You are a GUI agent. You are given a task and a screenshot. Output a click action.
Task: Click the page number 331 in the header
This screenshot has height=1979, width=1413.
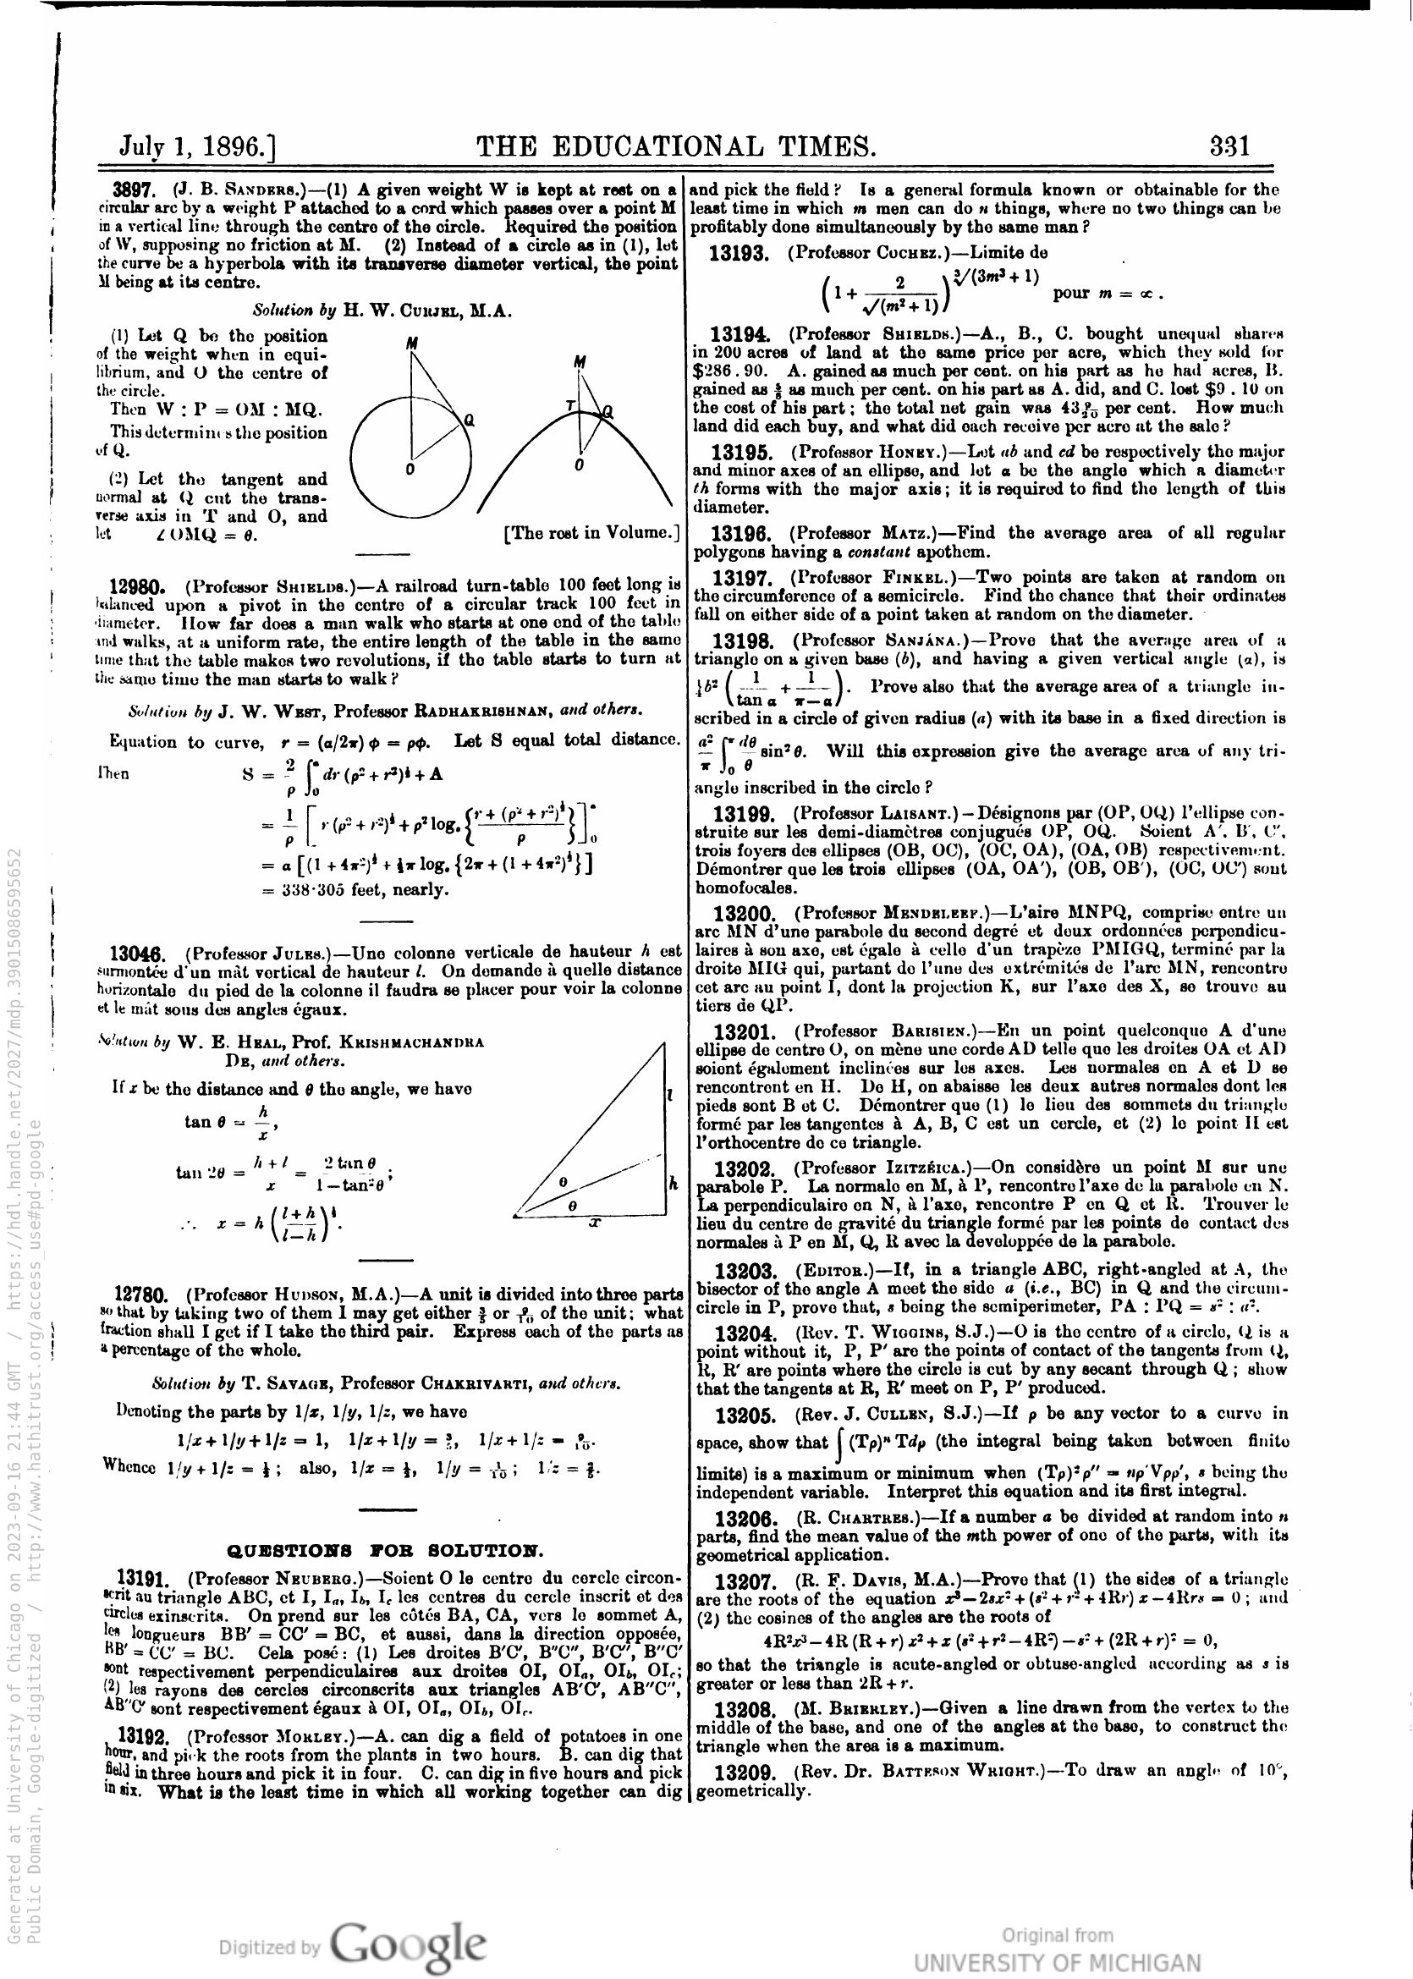(x=1229, y=146)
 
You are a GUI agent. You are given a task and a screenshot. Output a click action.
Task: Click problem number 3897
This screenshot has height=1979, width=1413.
(x=133, y=190)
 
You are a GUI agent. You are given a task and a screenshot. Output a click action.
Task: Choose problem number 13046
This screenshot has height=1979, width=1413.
(x=140, y=952)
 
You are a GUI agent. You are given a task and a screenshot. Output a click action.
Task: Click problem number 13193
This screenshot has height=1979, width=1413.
(x=739, y=253)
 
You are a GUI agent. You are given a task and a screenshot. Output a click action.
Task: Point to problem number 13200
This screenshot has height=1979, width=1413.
(x=744, y=914)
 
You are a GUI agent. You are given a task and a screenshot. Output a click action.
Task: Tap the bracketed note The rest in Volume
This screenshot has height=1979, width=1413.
(x=591, y=532)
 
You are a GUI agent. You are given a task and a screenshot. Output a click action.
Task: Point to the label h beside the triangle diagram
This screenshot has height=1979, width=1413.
(x=673, y=1183)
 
